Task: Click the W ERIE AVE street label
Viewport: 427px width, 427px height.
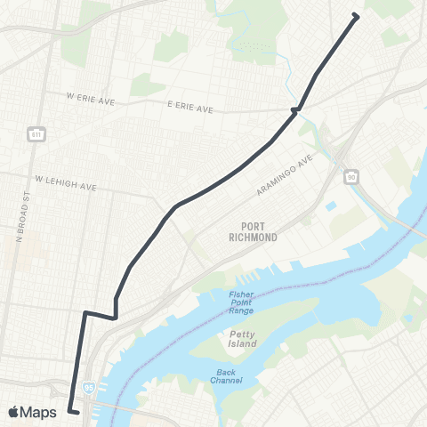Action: click(x=92, y=95)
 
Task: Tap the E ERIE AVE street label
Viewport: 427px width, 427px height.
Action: click(x=190, y=109)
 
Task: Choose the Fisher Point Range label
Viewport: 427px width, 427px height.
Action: click(x=241, y=302)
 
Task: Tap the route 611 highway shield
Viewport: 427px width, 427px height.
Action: click(x=36, y=134)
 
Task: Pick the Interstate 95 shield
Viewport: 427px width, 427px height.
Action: click(x=88, y=388)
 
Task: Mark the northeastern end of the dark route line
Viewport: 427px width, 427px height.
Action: click(x=356, y=15)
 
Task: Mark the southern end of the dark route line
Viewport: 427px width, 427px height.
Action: click(x=77, y=412)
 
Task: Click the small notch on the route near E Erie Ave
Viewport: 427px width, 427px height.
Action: click(x=294, y=110)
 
